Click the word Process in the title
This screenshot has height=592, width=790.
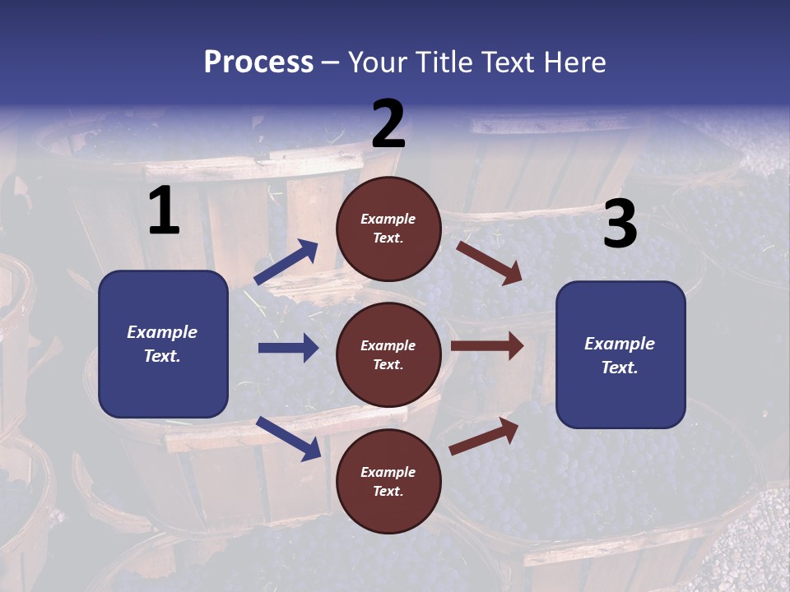(258, 62)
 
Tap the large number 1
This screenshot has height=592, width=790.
(164, 211)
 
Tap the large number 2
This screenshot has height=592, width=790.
(388, 124)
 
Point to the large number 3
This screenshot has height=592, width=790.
(620, 224)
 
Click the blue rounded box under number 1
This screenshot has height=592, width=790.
(163, 344)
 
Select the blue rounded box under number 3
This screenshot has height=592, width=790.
(620, 354)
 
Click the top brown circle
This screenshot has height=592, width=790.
(388, 229)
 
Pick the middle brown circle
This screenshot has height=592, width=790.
(388, 354)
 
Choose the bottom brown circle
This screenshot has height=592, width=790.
(388, 481)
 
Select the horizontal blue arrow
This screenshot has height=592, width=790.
(288, 348)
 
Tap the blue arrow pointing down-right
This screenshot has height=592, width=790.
(288, 438)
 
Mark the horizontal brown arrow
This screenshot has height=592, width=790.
(487, 346)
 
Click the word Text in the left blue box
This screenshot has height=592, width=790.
(161, 356)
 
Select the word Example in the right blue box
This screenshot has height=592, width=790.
(620, 344)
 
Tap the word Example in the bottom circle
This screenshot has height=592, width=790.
(388, 472)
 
